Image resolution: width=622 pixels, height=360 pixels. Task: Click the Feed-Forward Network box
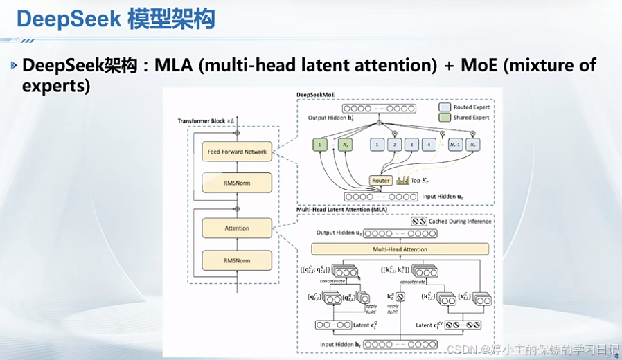(x=236, y=152)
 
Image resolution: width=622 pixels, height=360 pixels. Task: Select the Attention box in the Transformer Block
(x=236, y=228)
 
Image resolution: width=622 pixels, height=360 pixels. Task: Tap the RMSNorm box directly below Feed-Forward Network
(x=236, y=183)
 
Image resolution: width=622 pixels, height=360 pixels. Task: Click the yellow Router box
(x=381, y=180)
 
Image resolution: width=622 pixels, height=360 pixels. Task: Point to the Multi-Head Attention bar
(x=400, y=249)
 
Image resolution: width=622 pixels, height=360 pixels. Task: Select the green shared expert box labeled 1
(x=320, y=145)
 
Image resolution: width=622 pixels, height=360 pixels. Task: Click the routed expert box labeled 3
(x=411, y=145)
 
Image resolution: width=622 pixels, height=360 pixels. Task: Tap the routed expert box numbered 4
(x=429, y=145)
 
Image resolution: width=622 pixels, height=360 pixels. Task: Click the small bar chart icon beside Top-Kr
(x=404, y=180)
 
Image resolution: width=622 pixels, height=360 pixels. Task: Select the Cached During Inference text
(x=460, y=222)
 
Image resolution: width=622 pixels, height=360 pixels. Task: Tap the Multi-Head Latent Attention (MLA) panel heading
(x=341, y=208)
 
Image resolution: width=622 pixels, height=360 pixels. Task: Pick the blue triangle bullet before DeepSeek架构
(x=15, y=65)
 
